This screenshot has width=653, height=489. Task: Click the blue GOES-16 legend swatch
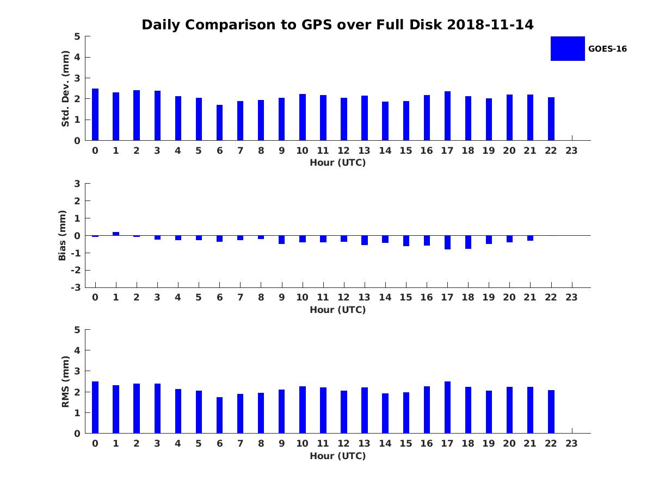click(568, 48)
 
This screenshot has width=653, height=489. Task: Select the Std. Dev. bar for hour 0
click(95, 115)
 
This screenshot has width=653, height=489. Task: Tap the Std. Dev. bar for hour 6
click(219, 123)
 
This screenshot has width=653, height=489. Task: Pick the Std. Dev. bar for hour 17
click(447, 116)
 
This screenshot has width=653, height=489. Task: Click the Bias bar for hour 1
click(116, 234)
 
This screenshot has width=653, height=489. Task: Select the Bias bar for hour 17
click(447, 242)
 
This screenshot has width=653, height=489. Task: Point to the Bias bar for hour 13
click(365, 240)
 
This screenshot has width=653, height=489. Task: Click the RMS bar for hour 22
click(551, 412)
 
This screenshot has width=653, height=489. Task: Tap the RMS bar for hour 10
click(303, 410)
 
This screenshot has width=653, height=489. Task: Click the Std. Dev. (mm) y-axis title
click(65, 89)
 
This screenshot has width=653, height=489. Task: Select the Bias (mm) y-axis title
click(63, 235)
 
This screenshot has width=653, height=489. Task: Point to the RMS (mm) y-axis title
click(65, 381)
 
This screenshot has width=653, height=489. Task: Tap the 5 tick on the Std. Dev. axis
click(78, 36)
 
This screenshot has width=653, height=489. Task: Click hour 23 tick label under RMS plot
click(571, 443)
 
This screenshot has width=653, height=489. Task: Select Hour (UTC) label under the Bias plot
click(337, 310)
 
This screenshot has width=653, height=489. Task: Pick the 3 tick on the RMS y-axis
click(78, 371)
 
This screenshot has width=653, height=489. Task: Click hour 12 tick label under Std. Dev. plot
click(343, 151)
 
